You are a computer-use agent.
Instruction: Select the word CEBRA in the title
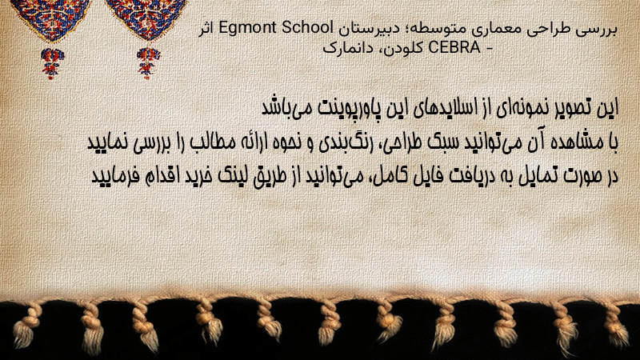[454, 48]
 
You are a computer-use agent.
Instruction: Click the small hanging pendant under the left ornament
[52, 63]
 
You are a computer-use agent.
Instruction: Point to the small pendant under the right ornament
[148, 63]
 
